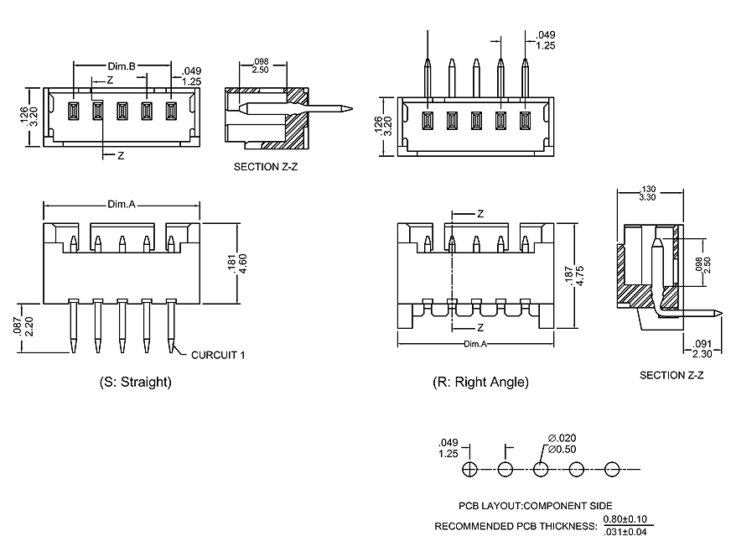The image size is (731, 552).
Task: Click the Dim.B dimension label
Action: coord(122,65)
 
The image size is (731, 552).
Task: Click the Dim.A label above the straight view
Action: coord(122,204)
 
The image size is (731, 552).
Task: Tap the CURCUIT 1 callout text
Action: coord(218,355)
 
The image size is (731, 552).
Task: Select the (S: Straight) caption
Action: coord(135,382)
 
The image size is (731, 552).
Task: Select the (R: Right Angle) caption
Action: coord(480,382)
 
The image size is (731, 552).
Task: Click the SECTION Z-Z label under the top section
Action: coord(266,167)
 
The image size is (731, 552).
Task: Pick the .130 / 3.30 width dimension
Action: coord(646,193)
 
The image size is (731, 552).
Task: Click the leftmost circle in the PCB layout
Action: coord(470,469)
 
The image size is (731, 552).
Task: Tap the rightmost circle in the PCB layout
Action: coord(611,469)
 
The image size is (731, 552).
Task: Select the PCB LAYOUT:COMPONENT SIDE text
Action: coord(535,506)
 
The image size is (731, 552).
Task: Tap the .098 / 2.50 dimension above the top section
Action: coord(260,65)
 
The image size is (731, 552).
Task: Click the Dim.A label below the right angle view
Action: coord(474,344)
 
